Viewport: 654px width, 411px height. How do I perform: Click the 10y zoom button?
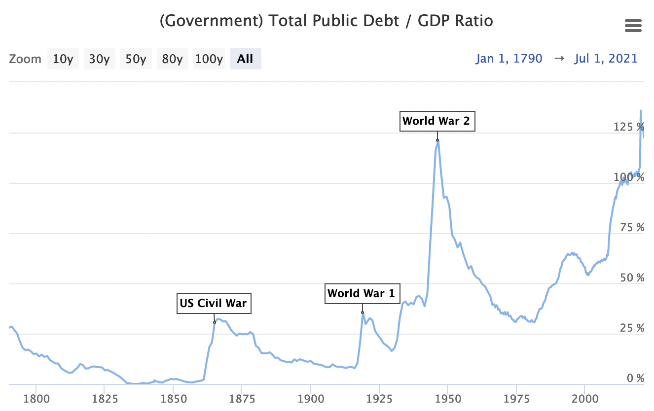coord(63,59)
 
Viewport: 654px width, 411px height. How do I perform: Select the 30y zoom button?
coord(99,59)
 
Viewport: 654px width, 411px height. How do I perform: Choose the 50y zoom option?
coord(136,59)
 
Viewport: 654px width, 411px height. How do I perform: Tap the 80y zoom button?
coord(172,59)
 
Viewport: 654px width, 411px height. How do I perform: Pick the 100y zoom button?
coord(209,59)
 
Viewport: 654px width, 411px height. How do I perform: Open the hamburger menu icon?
coord(633,26)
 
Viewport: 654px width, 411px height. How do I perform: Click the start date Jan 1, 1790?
coord(509,59)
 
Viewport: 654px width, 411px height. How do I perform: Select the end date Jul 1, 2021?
coord(606,59)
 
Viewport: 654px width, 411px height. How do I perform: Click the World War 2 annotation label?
coord(436,121)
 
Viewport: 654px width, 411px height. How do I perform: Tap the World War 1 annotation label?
coord(362,294)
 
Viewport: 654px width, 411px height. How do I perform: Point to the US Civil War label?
coord(214,303)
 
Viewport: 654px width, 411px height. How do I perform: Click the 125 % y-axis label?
coord(629,127)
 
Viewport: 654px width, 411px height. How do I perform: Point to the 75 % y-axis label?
coord(632,228)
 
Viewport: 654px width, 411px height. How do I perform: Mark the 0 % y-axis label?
coord(635,378)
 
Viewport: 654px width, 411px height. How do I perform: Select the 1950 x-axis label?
coord(447,398)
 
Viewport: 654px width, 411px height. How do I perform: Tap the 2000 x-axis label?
coord(584,398)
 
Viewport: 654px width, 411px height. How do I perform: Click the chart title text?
coord(327,22)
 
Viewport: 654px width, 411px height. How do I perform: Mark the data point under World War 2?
coord(437,140)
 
